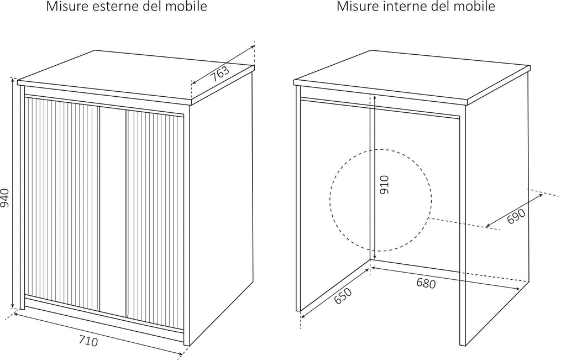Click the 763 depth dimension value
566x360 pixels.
pyautogui.click(x=220, y=74)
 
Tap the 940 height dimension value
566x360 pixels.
pyautogui.click(x=5, y=198)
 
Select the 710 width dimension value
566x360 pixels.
pyautogui.click(x=88, y=340)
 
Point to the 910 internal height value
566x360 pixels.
pyautogui.click(x=385, y=185)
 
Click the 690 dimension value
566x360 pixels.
pyautogui.click(x=516, y=216)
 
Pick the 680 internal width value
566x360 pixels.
pyautogui.click(x=426, y=284)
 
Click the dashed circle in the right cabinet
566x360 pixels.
pyautogui.click(x=381, y=200)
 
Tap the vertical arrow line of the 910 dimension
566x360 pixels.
pyautogui.click(x=374, y=173)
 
